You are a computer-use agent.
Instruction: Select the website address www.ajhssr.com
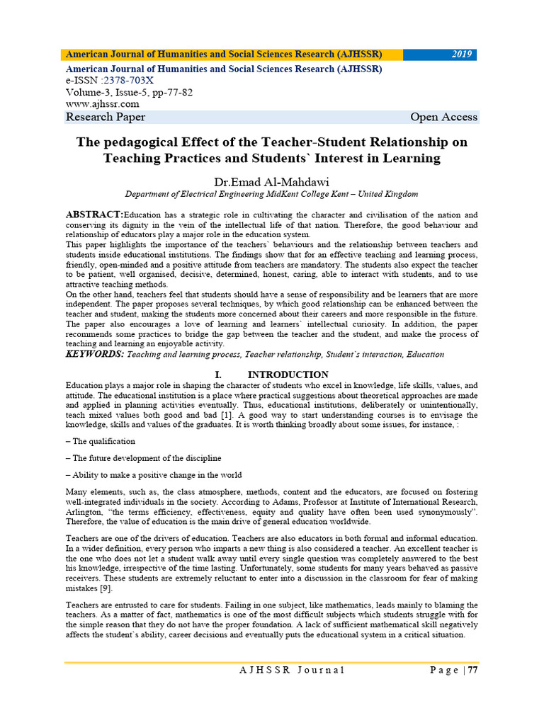click(102, 104)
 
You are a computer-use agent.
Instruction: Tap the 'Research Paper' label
click(106, 117)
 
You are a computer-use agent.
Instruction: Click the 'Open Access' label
click(443, 117)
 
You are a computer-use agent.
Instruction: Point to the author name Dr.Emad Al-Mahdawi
click(271, 180)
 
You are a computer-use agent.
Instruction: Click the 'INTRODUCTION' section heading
click(288, 375)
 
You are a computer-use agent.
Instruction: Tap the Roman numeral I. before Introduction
click(217, 375)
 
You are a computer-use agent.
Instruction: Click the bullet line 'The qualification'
click(102, 440)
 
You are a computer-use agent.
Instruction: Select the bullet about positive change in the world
click(155, 475)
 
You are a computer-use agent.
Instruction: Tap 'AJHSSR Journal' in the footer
click(291, 670)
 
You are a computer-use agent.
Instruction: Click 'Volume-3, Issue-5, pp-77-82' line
click(129, 93)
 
